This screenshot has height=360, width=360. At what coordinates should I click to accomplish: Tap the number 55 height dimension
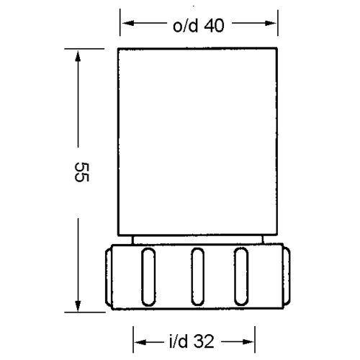(82, 172)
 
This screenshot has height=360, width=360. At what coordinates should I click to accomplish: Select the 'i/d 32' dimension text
(192, 341)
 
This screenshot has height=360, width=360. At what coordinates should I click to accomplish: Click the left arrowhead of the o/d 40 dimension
(128, 23)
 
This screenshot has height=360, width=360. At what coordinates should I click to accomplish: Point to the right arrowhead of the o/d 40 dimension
(271, 23)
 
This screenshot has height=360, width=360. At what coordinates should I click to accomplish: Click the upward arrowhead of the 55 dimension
(78, 56)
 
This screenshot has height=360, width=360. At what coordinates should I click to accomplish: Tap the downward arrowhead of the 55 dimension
(78, 306)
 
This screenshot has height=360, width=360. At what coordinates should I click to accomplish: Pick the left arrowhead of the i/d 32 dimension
(140, 342)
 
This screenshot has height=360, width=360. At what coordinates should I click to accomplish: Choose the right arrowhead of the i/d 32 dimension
(248, 342)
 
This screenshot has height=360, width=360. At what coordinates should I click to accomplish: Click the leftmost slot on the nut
(148, 277)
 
